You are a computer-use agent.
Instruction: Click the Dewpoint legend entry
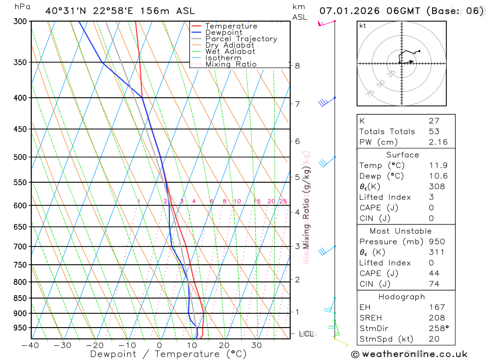click(x=223, y=32)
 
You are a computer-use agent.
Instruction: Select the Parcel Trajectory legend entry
click(x=241, y=39)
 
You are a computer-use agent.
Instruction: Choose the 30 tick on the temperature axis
click(x=257, y=345)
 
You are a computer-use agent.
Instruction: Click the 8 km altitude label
click(x=297, y=66)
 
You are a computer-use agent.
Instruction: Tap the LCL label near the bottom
click(x=306, y=334)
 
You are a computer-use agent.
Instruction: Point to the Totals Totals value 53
click(x=434, y=132)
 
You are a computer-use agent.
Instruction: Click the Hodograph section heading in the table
click(x=402, y=297)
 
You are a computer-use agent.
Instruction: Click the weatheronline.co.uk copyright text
click(x=409, y=354)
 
